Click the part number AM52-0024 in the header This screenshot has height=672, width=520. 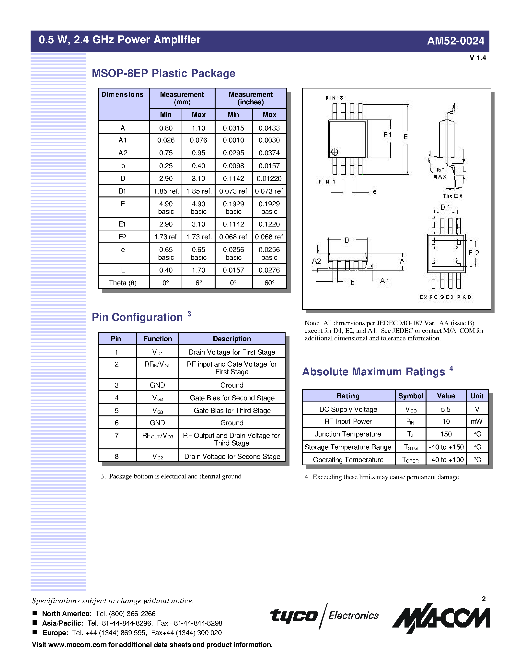pyautogui.click(x=455, y=41)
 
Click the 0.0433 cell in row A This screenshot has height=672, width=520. pyautogui.click(x=269, y=128)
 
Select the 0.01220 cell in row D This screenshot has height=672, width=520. pyautogui.click(x=269, y=178)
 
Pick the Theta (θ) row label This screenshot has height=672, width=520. pyautogui.click(x=123, y=283)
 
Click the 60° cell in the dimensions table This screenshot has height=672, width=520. pyautogui.click(x=269, y=283)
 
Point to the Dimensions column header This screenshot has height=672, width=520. pyautogui.click(x=123, y=95)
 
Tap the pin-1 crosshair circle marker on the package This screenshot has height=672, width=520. pyautogui.click(x=334, y=152)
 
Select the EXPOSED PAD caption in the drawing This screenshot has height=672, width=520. pyautogui.click(x=445, y=297)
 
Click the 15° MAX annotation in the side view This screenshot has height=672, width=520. pyautogui.click(x=439, y=173)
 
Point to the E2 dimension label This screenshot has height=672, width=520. pyautogui.click(x=474, y=253)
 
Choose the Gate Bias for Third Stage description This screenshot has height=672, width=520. pyautogui.click(x=232, y=411)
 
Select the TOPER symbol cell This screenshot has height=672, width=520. pyautogui.click(x=410, y=460)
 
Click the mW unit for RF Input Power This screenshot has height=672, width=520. pyautogui.click(x=476, y=422)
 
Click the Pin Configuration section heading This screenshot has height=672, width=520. pyautogui.click(x=137, y=317)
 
